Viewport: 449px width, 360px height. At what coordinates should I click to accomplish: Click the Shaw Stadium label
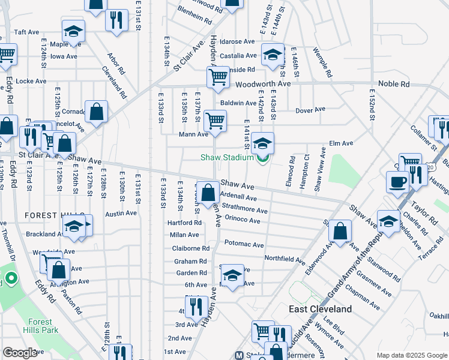point(226,158)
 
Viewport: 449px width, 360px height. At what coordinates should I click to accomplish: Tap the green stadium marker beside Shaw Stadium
point(262,158)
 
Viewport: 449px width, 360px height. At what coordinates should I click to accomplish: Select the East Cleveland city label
point(320,309)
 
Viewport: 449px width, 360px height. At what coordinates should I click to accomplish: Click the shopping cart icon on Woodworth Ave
point(217,76)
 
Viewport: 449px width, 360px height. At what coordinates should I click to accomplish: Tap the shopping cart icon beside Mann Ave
point(215,120)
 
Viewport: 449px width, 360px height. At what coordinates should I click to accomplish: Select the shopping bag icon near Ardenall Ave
point(208,193)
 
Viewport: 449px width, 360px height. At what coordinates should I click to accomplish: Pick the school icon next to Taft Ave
point(73,31)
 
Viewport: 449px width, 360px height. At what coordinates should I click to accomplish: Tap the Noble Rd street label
point(393,84)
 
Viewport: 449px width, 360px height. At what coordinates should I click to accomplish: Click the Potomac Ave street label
point(244,245)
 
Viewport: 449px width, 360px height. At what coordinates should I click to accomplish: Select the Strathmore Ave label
point(244,211)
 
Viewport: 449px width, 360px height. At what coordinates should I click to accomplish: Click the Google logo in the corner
point(20,353)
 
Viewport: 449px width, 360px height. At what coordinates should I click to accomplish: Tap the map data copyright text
point(412,355)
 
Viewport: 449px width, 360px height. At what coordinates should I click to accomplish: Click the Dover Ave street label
point(310,110)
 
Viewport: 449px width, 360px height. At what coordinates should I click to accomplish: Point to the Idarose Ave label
point(237,42)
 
